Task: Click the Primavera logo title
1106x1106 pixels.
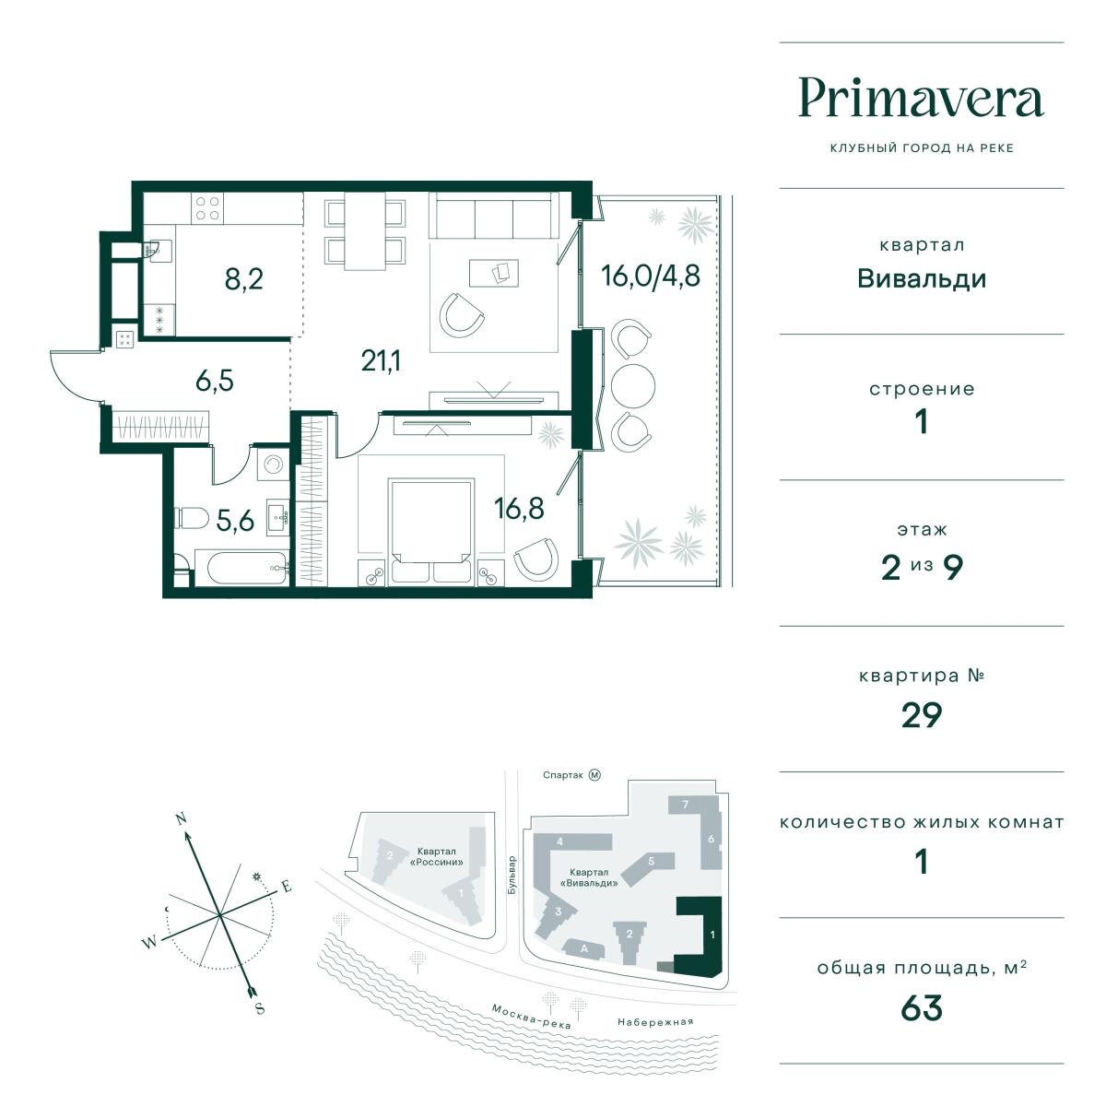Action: point(921,100)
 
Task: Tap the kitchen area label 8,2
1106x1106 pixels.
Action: point(244,279)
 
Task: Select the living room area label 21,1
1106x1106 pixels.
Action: point(381,361)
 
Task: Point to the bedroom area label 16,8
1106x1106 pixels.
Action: point(519,508)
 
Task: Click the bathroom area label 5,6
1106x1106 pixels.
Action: point(235,521)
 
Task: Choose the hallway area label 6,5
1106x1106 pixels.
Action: point(215,381)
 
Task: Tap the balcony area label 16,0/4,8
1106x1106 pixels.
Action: point(651,276)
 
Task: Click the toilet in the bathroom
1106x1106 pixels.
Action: point(192,518)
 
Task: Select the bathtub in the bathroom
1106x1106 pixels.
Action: point(241,568)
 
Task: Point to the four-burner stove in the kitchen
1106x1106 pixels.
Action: point(207,207)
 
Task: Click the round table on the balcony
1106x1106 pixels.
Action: point(632,385)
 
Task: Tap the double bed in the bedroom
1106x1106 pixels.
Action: point(431,531)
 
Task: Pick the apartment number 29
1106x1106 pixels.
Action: point(921,714)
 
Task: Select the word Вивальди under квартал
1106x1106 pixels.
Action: point(921,279)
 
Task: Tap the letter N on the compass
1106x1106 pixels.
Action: point(182,818)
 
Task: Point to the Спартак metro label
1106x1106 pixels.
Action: point(562,775)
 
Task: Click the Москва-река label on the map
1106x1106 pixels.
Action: point(531,1017)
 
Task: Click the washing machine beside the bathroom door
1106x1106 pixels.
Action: point(273,464)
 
